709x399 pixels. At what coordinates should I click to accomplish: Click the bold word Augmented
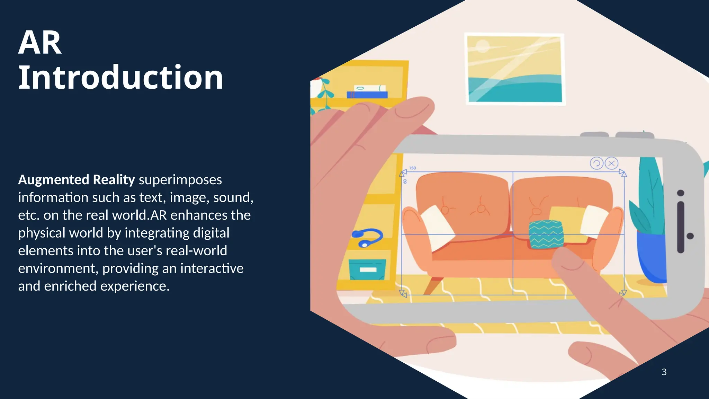[54, 180]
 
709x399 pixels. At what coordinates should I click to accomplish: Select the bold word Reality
[114, 180]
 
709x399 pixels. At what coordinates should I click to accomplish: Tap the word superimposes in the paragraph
[180, 180]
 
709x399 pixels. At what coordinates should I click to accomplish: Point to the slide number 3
[664, 372]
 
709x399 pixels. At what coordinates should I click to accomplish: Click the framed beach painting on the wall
[514, 69]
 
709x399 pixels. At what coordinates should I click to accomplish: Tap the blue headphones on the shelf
[367, 237]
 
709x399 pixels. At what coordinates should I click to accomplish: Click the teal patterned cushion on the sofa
[546, 234]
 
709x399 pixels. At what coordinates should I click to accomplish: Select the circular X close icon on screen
[611, 163]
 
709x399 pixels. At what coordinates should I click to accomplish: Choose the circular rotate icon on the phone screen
[596, 163]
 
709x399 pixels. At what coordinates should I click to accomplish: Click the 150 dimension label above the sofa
[412, 168]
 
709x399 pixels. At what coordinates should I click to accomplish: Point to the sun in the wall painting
[482, 46]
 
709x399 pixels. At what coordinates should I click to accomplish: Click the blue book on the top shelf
[367, 95]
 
